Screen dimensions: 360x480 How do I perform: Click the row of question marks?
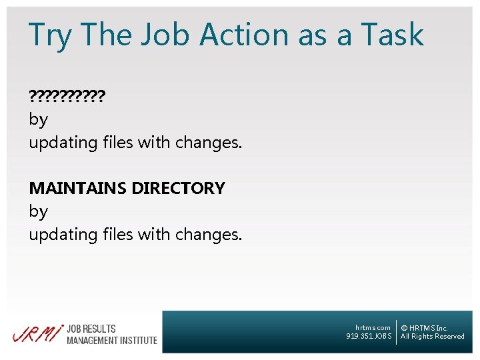point(67,97)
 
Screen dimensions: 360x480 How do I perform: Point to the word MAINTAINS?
point(78,188)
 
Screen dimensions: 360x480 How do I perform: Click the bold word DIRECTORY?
point(178,188)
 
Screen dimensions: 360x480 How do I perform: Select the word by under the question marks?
point(38,120)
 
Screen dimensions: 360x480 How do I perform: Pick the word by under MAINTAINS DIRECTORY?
point(38,211)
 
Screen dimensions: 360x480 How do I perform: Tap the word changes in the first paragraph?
point(209,143)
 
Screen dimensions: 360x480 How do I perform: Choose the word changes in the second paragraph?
point(209,234)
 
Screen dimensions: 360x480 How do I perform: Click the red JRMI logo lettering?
point(37,333)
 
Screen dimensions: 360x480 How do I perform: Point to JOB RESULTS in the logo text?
point(91,329)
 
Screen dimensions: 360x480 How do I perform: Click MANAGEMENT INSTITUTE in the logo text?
point(112,340)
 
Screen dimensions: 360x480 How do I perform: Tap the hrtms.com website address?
point(373,327)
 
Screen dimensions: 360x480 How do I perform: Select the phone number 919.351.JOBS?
point(369,336)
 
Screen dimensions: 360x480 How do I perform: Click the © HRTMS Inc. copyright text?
point(424,328)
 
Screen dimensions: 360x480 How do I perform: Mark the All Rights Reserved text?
point(432,336)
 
